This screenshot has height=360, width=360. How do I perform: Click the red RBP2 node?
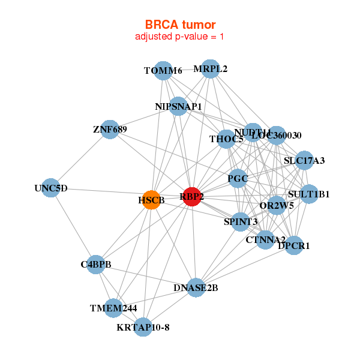point(192,197)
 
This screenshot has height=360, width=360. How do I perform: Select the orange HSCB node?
point(152,200)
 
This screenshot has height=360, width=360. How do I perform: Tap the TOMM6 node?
point(163,71)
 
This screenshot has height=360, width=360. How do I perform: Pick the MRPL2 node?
point(209,69)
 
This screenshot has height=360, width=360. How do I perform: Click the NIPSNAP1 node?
point(178,107)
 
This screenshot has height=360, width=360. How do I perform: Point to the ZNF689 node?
point(110,129)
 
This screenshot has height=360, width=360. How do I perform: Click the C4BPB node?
point(96,265)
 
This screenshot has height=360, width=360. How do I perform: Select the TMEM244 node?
point(113,308)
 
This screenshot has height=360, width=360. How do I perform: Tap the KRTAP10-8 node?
point(143,327)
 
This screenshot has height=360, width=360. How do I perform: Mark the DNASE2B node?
point(196,288)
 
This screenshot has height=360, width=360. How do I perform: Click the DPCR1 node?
point(293,245)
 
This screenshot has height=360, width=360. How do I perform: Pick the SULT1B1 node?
point(308,194)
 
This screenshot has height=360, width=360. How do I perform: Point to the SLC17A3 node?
point(304,160)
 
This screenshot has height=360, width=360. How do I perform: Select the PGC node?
point(238,178)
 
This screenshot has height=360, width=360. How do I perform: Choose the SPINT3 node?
point(241,222)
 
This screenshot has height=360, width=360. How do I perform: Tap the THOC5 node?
point(226,140)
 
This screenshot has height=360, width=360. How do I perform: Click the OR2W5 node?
point(277,206)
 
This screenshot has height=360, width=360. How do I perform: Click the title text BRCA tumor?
point(180,25)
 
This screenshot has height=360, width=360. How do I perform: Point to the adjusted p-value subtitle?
point(180,37)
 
